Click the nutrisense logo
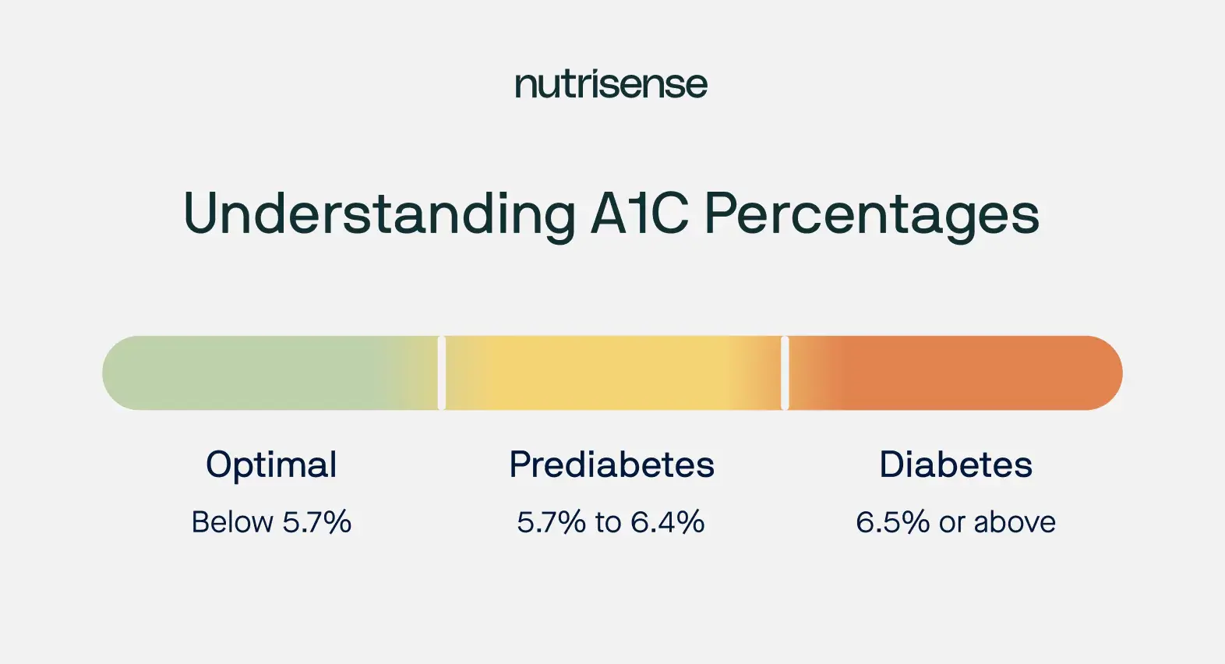click(611, 85)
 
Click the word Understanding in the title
click(380, 214)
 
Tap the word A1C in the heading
click(639, 213)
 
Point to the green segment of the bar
click(270, 373)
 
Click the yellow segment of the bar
click(613, 373)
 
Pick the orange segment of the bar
click(955, 373)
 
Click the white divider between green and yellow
click(442, 373)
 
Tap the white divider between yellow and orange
click(785, 373)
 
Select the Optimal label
click(271, 465)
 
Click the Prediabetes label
click(612, 464)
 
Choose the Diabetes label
click(955, 464)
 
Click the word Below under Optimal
click(232, 521)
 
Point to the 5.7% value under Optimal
click(316, 521)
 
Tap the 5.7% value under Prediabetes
click(551, 521)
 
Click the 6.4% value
click(667, 521)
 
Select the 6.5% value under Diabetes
click(892, 521)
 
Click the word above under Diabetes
click(1015, 521)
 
